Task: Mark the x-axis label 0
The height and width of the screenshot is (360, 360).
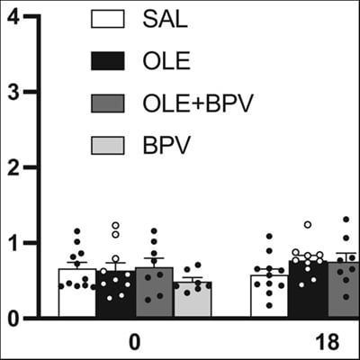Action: point(134,343)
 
